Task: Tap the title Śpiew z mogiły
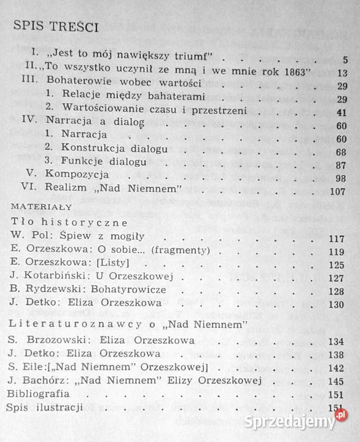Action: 110,236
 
